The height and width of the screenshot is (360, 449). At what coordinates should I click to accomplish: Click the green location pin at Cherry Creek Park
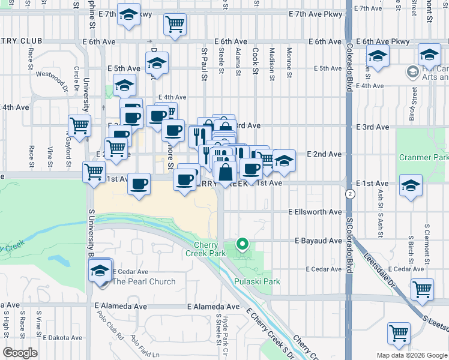243,244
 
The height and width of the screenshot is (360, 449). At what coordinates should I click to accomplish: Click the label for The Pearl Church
144,281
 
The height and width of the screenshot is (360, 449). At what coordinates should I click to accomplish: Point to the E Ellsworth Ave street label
315,212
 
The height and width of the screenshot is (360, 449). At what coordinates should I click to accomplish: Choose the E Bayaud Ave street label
318,241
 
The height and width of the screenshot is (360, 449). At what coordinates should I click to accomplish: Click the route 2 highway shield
349,194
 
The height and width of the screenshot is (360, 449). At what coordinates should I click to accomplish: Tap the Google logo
20,352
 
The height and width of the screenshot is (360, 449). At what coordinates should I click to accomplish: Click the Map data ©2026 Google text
412,355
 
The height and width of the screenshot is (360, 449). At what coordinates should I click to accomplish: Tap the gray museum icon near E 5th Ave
412,73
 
